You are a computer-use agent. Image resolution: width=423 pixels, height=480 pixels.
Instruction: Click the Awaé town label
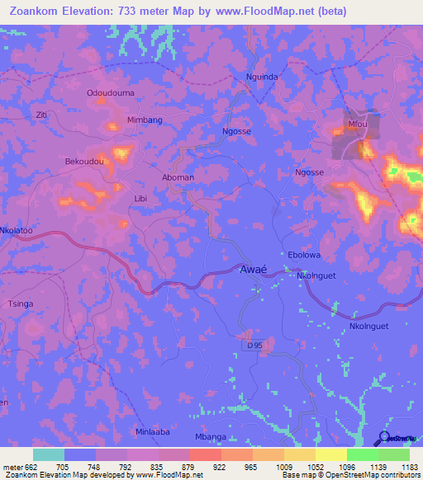pyautogui.click(x=252, y=271)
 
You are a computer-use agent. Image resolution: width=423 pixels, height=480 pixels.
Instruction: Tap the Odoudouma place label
pyautogui.click(x=111, y=93)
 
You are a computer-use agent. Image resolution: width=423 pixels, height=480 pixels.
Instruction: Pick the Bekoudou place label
pyautogui.click(x=84, y=162)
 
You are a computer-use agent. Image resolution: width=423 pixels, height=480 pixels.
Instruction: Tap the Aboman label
pyautogui.click(x=178, y=177)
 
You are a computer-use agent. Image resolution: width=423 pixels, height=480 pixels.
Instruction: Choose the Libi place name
pyautogui.click(x=140, y=199)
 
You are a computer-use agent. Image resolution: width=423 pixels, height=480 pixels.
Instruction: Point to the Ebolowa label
pyautogui.click(x=303, y=255)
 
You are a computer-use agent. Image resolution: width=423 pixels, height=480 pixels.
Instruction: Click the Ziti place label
pyautogui.click(x=41, y=115)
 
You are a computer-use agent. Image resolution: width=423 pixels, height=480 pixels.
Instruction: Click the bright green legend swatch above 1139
pyautogui.click(x=363, y=454)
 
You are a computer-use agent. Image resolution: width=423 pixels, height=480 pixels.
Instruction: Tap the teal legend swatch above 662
pyautogui.click(x=48, y=454)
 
